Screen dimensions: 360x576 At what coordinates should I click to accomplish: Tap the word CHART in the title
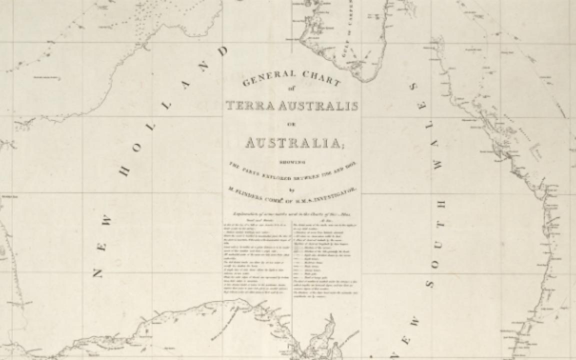click(321, 77)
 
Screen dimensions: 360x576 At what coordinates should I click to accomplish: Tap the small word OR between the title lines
click(292, 124)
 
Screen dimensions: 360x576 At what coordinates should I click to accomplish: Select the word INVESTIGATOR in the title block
click(333, 190)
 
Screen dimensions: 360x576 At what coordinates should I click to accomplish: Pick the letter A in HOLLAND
click(186, 84)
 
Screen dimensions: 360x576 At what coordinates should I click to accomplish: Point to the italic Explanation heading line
click(292, 215)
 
